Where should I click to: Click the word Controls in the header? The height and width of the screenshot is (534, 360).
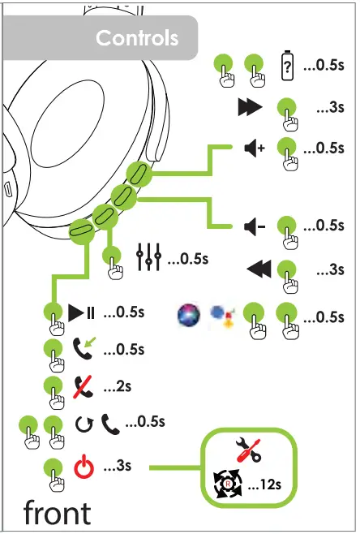pyautogui.click(x=136, y=38)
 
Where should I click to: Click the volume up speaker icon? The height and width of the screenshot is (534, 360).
pyautogui.click(x=254, y=149)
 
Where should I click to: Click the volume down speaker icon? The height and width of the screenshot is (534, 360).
pyautogui.click(x=254, y=226)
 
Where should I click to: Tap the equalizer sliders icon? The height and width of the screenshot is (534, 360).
pyautogui.click(x=148, y=259)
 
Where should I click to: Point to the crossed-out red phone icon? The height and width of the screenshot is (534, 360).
pyautogui.click(x=81, y=386)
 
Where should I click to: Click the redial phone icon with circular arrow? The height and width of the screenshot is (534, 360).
pyautogui.click(x=96, y=422)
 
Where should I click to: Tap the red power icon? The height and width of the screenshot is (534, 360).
pyautogui.click(x=84, y=467)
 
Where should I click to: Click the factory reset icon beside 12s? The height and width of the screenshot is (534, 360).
pyautogui.click(x=228, y=484)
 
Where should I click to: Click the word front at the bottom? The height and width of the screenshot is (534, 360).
pyautogui.click(x=57, y=513)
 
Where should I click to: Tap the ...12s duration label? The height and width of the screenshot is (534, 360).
pyautogui.click(x=265, y=485)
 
